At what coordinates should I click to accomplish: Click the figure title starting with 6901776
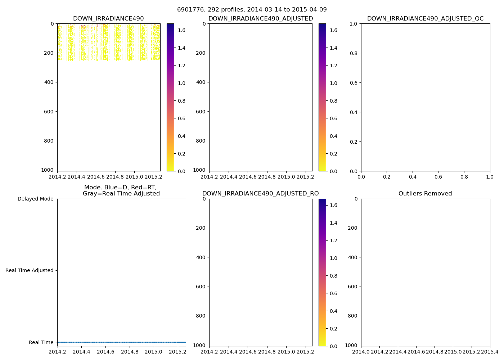click(252, 10)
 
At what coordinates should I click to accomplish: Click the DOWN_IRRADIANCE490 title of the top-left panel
click(108, 19)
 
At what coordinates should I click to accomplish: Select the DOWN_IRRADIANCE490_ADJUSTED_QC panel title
click(425, 19)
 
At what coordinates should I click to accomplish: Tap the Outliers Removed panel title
click(425, 194)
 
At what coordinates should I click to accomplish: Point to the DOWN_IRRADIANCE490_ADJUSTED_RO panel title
click(260, 194)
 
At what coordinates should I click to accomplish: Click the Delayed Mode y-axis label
click(35, 199)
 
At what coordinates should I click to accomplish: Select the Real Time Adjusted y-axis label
click(30, 270)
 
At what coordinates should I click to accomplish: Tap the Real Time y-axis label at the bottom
click(41, 342)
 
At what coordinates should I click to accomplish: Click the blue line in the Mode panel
click(121, 342)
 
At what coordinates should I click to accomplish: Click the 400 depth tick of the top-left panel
click(49, 82)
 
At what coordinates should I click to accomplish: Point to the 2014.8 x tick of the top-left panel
click(115, 177)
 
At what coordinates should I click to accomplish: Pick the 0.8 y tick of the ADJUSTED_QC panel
click(355, 53)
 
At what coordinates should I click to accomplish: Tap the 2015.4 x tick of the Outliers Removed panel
click(490, 352)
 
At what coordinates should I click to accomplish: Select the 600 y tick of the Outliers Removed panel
click(353, 287)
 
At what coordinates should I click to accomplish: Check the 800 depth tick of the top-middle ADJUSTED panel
click(201, 141)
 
